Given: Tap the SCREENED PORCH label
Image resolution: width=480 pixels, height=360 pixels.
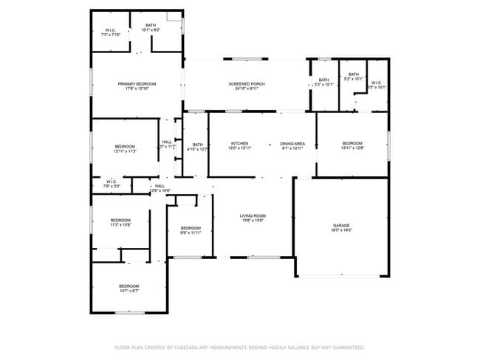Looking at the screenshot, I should click(247, 84).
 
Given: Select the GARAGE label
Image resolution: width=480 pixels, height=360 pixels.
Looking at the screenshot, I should click(341, 225).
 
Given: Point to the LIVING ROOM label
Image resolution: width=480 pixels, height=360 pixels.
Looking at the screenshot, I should click(252, 215).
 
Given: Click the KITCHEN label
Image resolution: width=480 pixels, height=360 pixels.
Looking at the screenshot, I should click(239, 143).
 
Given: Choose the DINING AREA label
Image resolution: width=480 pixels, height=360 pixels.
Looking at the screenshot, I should click(292, 143).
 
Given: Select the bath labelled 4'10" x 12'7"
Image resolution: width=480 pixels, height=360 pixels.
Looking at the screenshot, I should click(197, 145).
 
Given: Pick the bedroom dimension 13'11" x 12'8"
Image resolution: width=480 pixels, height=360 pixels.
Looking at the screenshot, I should click(352, 148).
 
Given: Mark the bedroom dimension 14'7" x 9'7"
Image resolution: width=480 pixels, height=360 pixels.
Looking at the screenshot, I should click(129, 291).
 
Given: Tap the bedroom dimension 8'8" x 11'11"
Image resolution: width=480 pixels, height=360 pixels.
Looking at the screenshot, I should click(191, 233).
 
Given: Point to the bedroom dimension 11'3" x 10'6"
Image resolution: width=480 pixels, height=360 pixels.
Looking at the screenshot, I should click(120, 225).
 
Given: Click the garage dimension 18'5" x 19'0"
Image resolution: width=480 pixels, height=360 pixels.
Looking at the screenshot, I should click(341, 230).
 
